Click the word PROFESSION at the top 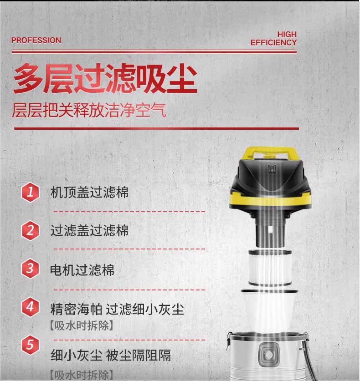coord(36,40)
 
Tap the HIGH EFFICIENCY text coord(273,39)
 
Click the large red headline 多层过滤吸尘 coord(105,80)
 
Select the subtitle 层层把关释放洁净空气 coord(89,111)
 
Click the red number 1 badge coord(31,192)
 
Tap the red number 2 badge coord(31,230)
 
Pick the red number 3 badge coord(31,268)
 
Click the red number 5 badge coord(31,345)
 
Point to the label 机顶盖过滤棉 coord(89,192)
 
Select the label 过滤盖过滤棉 coord(89,230)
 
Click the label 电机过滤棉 coord(82,270)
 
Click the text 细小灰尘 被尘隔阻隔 coord(111,355)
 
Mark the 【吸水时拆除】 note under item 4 coord(81,326)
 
